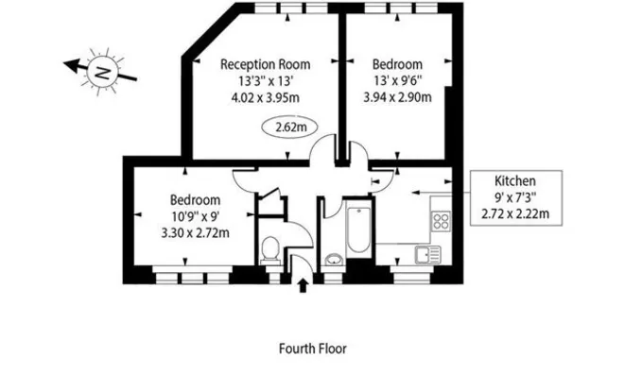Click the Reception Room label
pos(265,64)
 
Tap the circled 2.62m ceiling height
pos(289,127)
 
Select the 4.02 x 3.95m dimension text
pos(265,97)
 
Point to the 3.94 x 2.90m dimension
pos(397,97)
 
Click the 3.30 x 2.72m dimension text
pos(196,232)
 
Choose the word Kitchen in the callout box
pos(515,180)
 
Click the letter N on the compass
pos(103,73)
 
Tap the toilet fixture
pos(270,250)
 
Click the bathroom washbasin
pos(334,260)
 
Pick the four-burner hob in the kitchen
pos(441,221)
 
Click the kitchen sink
pos(428,255)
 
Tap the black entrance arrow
pos(303,285)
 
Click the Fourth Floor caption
pos(313,348)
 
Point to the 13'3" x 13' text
pos(266,81)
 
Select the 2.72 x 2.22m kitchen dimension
pos(515,213)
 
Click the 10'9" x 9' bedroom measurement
pos(196,216)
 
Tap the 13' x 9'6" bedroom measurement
pos(397,81)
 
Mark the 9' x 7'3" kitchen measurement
pos(515,197)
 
